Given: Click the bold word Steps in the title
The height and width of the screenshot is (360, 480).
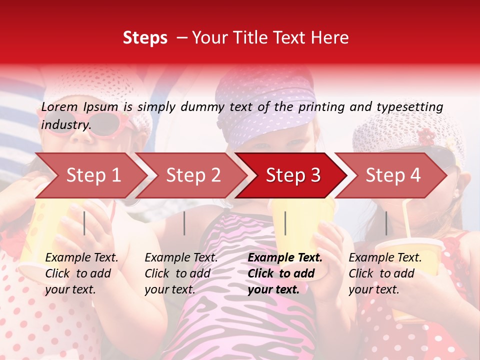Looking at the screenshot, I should click(145, 38).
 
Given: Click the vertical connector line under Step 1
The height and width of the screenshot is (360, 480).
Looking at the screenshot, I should click(84, 223).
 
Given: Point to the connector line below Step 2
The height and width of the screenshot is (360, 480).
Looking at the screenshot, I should click(184, 223).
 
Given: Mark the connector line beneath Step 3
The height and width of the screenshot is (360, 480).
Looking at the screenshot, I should click(285, 223).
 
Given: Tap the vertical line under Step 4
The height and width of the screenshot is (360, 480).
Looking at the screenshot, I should click(386, 223).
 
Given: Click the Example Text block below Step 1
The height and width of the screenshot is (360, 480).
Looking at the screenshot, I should click(81, 273).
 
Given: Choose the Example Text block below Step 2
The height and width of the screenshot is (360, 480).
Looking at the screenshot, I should click(181, 273).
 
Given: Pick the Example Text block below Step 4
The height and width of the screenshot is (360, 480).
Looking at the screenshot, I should click(385, 273).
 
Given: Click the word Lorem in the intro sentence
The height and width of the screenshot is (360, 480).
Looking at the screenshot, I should click(59, 106).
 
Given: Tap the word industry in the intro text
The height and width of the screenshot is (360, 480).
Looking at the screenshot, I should click(65, 124).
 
